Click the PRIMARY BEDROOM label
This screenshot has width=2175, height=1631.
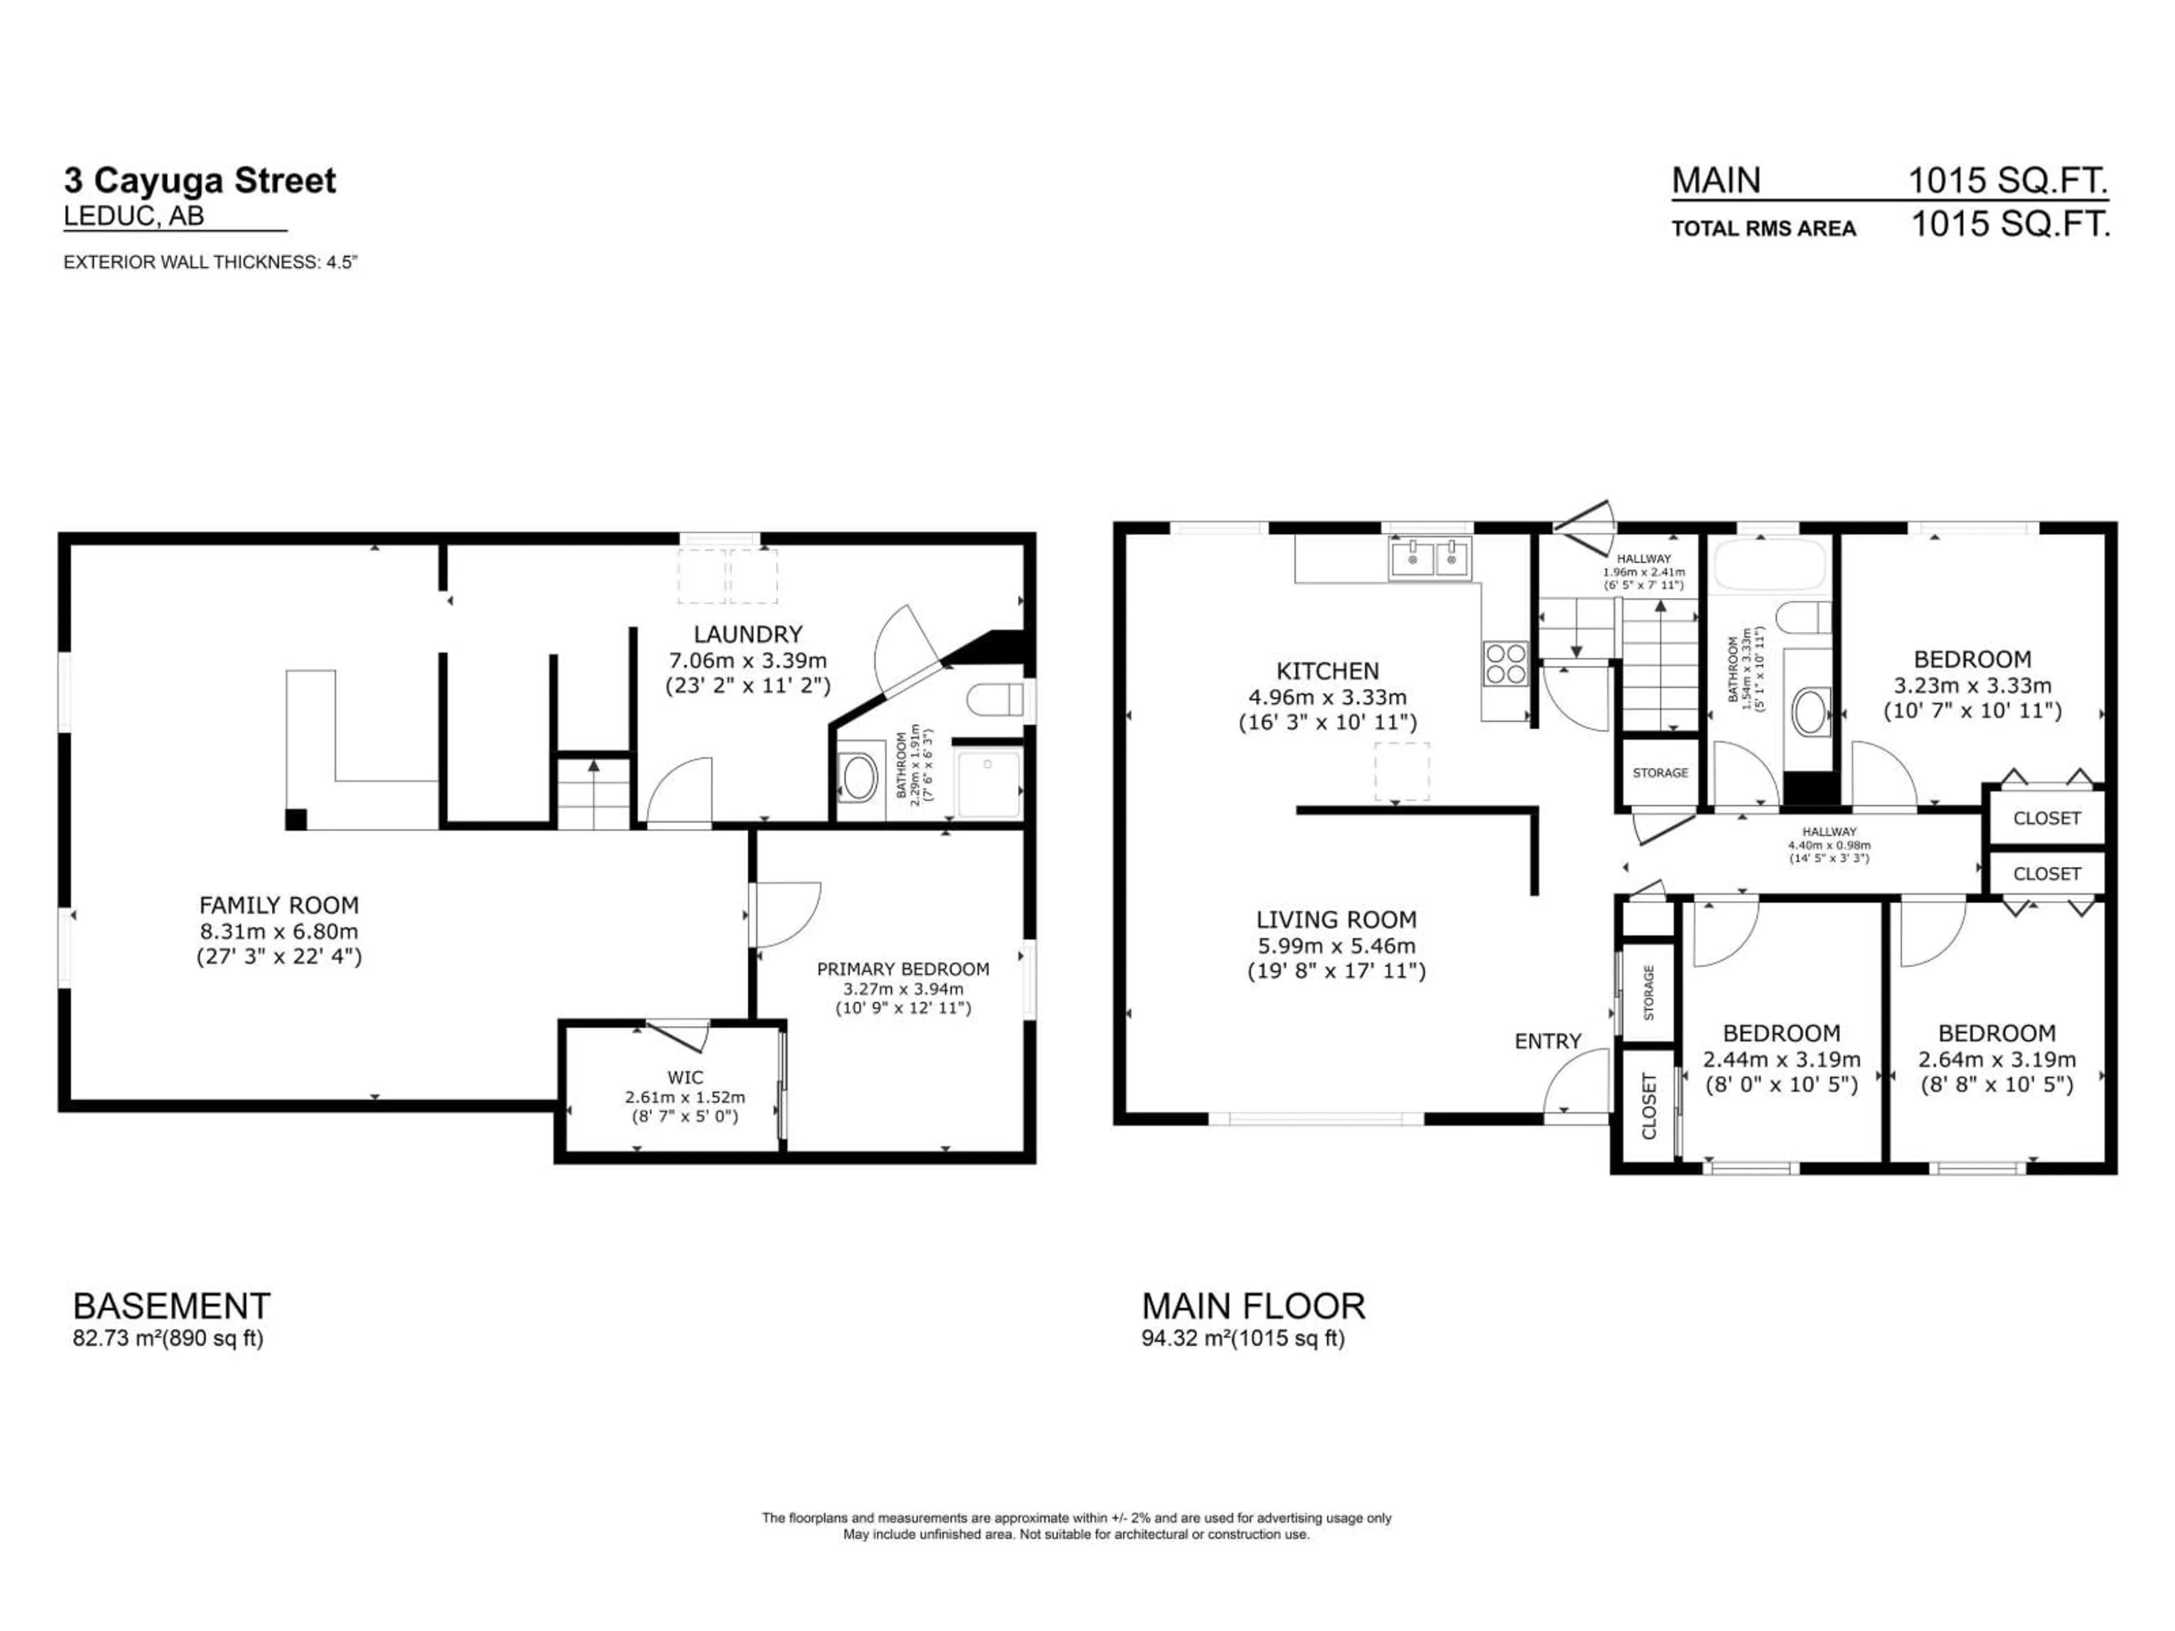903,968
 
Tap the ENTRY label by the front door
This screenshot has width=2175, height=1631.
1547,1041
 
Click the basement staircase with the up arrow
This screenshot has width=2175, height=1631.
594,791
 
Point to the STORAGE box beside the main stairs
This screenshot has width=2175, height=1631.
1660,772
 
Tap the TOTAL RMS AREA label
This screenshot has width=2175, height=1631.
1763,229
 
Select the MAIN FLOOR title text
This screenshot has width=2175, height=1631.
1253,1305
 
